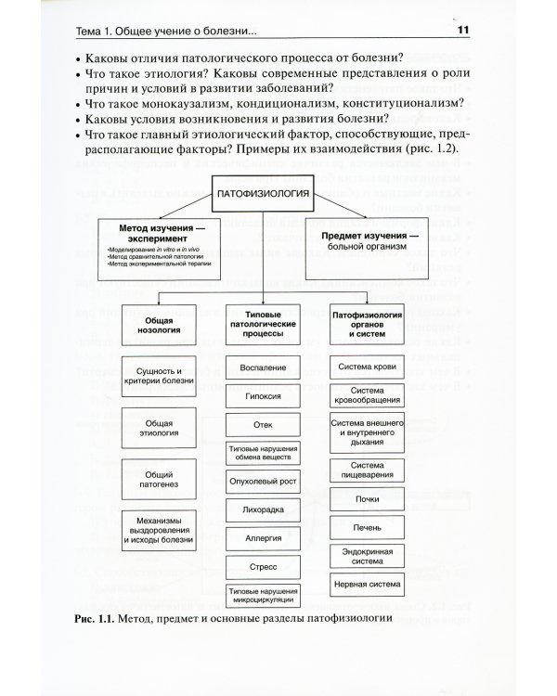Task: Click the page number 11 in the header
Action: pos(464,32)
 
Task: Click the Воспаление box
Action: pos(262,368)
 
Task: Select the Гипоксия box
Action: pos(262,396)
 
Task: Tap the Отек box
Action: pos(262,424)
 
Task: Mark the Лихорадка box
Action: pos(262,509)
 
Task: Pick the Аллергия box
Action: pos(262,537)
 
